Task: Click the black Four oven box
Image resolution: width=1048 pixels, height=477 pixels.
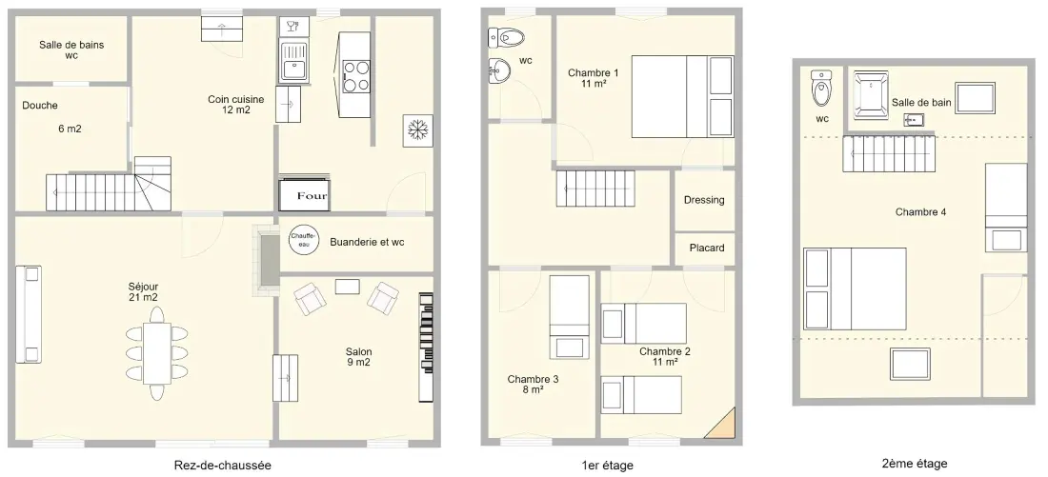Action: pos(304,195)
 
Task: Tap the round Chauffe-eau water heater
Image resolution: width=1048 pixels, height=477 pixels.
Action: pos(303,239)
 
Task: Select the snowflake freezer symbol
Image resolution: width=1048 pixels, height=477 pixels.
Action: pos(417,130)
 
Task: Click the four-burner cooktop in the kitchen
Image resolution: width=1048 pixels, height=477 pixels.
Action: pos(356,75)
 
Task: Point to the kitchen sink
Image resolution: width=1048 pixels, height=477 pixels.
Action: pos(292,60)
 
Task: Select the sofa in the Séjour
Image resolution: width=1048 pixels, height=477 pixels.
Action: pos(29,314)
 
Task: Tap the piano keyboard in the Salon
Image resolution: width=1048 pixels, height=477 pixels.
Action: pos(426,347)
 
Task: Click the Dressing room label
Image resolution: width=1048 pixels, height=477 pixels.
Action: pos(704,200)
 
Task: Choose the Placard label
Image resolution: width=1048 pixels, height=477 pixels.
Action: pos(707,248)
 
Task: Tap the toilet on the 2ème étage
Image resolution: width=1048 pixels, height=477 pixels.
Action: pos(821,88)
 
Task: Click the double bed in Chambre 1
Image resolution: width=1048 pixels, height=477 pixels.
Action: pos(682,96)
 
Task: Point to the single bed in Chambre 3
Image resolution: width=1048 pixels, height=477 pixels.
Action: pos(570,317)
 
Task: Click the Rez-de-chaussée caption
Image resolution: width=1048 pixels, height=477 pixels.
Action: pos(223,466)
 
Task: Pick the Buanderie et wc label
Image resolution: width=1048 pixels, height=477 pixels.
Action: pos(367,242)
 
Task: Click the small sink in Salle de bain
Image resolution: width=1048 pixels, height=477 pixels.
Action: pos(914,120)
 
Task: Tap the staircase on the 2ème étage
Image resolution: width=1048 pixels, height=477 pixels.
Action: pos(888,154)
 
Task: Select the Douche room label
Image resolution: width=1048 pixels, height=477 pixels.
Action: pos(39,105)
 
